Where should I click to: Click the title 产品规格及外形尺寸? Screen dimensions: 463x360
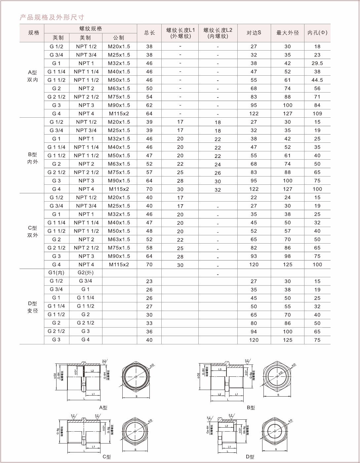[52, 17]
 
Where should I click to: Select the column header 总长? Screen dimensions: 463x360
[149, 33]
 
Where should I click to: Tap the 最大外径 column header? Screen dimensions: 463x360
[288, 33]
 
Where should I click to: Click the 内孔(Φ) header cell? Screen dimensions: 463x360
[317, 33]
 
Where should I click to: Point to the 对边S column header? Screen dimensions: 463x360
[254, 33]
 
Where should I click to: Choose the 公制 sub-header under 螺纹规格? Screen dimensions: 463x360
[119, 38]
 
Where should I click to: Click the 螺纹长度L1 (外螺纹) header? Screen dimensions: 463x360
[180, 33]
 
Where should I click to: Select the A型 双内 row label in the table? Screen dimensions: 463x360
[32, 76]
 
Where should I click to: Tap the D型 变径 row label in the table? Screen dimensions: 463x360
[32, 307]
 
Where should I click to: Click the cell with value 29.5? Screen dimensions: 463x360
[317, 63]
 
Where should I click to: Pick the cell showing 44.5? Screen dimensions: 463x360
[317, 80]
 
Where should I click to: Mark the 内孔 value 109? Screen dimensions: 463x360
[317, 114]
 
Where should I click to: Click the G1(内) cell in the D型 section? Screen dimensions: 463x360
[57, 273]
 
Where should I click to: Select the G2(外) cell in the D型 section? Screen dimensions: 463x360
[86, 273]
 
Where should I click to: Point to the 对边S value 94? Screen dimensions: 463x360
[254, 331]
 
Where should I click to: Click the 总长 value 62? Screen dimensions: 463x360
[149, 105]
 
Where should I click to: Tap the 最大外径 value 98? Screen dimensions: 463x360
[288, 256]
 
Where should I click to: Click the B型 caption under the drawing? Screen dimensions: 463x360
[251, 407]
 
